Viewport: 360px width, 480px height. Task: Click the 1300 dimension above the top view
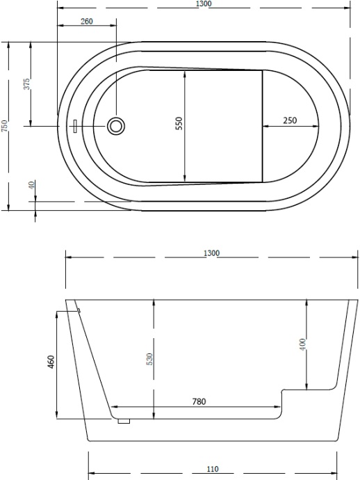204,3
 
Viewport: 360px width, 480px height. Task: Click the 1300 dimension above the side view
211,253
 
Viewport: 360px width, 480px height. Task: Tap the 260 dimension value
87,22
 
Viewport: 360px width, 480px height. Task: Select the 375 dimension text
26,84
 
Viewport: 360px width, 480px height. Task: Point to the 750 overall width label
4,126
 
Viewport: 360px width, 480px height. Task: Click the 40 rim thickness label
31,185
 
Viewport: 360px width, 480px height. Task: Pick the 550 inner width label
179,123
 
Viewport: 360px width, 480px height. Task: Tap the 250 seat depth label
290,120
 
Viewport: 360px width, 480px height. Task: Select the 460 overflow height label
51,362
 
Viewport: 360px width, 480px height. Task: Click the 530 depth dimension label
149,359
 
